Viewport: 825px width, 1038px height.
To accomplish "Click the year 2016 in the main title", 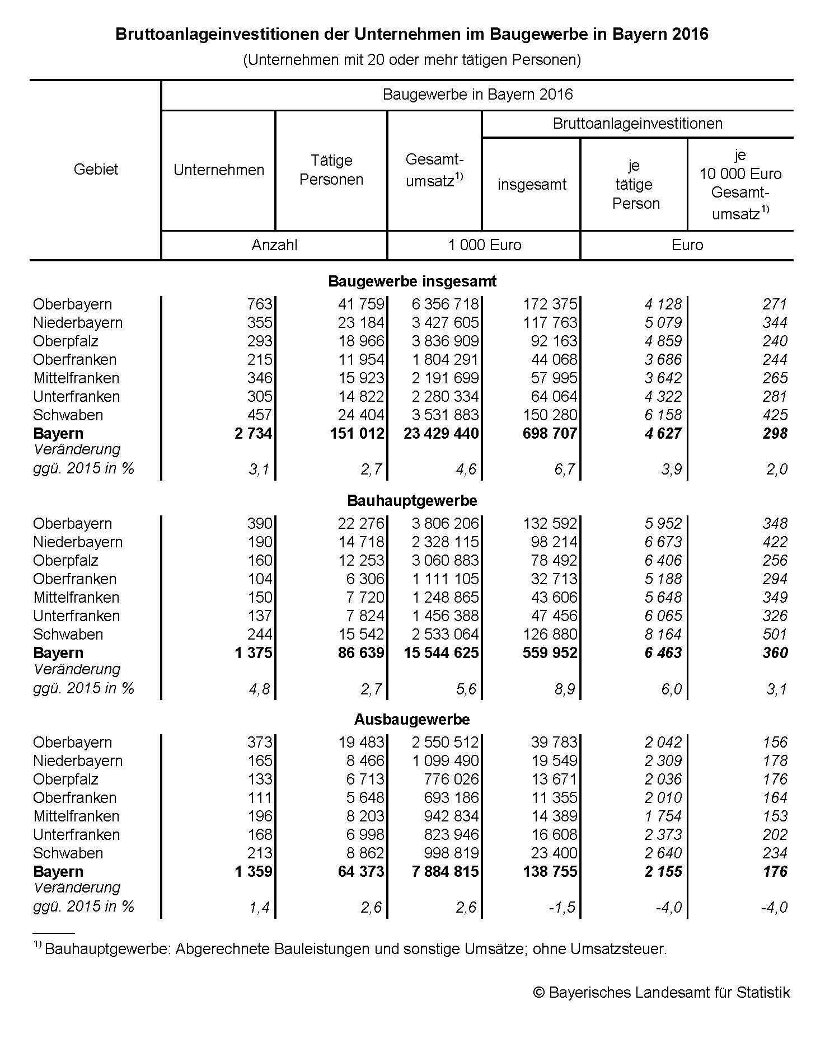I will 691,35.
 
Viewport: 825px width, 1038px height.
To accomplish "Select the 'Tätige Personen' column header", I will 331,170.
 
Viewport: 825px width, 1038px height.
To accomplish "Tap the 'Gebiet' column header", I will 96,170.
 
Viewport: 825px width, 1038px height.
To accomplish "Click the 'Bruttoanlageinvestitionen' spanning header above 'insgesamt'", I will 637,124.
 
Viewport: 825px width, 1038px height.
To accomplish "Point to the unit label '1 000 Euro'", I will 485,245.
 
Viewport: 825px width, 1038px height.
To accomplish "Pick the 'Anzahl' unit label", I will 274,245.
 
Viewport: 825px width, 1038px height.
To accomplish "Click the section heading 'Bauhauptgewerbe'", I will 412,500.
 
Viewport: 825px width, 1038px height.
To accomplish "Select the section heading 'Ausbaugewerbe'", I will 412,719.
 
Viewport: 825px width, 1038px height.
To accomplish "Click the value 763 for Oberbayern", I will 260,304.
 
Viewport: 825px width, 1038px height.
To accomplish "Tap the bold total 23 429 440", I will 441,434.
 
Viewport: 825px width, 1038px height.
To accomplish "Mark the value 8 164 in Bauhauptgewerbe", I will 663,635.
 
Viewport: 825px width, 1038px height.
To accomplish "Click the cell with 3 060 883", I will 446,561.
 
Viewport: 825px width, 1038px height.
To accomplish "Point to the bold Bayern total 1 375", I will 254,653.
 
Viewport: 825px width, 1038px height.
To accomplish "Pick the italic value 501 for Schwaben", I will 775,635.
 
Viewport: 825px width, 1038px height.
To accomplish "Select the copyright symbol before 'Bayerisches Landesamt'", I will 539,993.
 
